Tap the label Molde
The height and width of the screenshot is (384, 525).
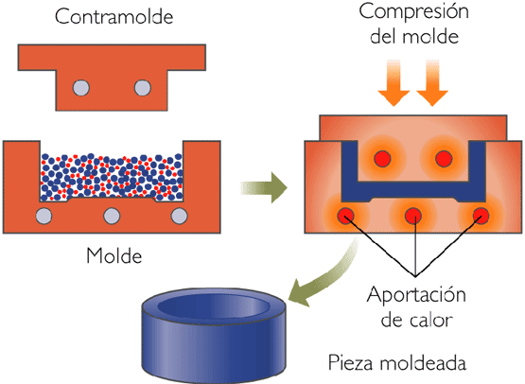tap(113, 254)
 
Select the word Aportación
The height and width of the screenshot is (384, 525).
tap(413, 295)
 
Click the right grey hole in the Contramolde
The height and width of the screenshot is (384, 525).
tap(142, 88)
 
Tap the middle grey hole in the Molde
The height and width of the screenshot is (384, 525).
tap(112, 217)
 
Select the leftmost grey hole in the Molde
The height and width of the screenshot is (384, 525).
tap(44, 217)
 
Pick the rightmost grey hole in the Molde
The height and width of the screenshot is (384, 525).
tap(178, 217)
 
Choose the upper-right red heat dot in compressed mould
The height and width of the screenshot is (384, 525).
tap(440, 157)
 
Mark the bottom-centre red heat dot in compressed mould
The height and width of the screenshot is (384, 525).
tap(411, 213)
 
